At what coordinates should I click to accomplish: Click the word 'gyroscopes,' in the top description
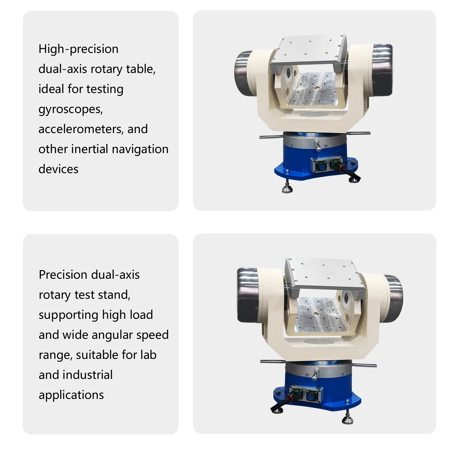(x=71, y=109)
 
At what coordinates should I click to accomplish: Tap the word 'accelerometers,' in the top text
(x=81, y=129)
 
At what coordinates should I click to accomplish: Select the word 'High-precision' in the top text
(x=78, y=49)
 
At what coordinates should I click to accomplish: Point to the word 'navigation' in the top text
(x=140, y=149)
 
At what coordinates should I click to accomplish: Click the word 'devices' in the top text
(x=58, y=169)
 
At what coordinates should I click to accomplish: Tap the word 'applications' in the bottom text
(x=71, y=395)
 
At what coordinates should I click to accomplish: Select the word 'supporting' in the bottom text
(x=69, y=315)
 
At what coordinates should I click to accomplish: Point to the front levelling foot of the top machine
(x=287, y=187)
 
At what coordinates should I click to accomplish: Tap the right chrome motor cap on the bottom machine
(x=393, y=299)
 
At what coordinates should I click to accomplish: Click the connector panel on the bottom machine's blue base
(x=306, y=395)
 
